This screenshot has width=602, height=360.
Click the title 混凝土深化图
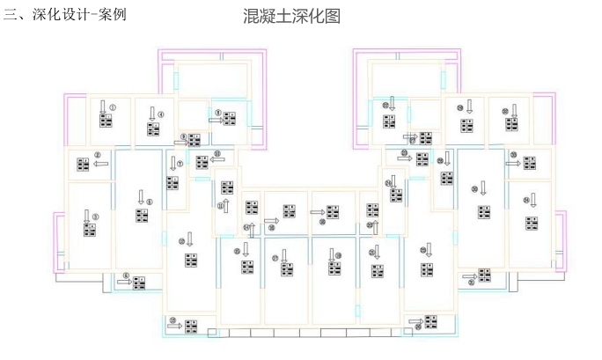point(290,17)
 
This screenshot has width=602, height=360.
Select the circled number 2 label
point(98,155)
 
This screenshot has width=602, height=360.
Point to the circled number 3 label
point(96,216)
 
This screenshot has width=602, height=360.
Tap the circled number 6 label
point(126,275)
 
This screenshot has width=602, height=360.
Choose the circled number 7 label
point(180,163)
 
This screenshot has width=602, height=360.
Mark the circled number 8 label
point(217,113)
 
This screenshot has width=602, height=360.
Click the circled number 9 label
point(184,136)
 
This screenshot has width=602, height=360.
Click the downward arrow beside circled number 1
point(104,110)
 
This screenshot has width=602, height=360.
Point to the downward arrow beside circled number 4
point(151,115)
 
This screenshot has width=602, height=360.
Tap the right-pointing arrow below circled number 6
point(123,283)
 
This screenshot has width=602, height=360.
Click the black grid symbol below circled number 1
point(106,122)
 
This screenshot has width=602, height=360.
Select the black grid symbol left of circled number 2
point(84,164)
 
